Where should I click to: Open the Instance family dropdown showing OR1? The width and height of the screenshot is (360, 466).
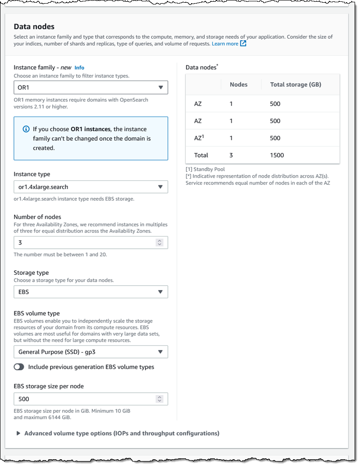coord(91,87)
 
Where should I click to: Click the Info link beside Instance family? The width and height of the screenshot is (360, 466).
coord(79,67)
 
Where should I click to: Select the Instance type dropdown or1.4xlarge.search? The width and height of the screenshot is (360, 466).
coord(91,187)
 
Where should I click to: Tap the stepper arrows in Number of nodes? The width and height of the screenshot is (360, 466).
coord(159,242)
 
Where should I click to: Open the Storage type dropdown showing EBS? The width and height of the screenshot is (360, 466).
coord(91,292)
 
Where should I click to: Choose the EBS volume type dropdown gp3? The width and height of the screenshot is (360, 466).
coord(91,352)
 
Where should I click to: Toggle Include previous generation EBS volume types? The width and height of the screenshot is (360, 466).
coord(19,367)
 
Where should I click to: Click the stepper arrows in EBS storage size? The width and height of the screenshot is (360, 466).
coord(159,399)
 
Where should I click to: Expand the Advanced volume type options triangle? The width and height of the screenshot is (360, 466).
coord(18,434)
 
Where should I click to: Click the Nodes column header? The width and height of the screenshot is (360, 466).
coord(238,84)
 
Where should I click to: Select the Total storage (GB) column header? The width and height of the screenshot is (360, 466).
coord(295,84)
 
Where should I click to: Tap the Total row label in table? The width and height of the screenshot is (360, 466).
coord(201,155)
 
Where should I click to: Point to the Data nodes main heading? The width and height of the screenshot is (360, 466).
coord(34,27)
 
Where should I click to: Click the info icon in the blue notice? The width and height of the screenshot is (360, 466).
coord(26,129)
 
